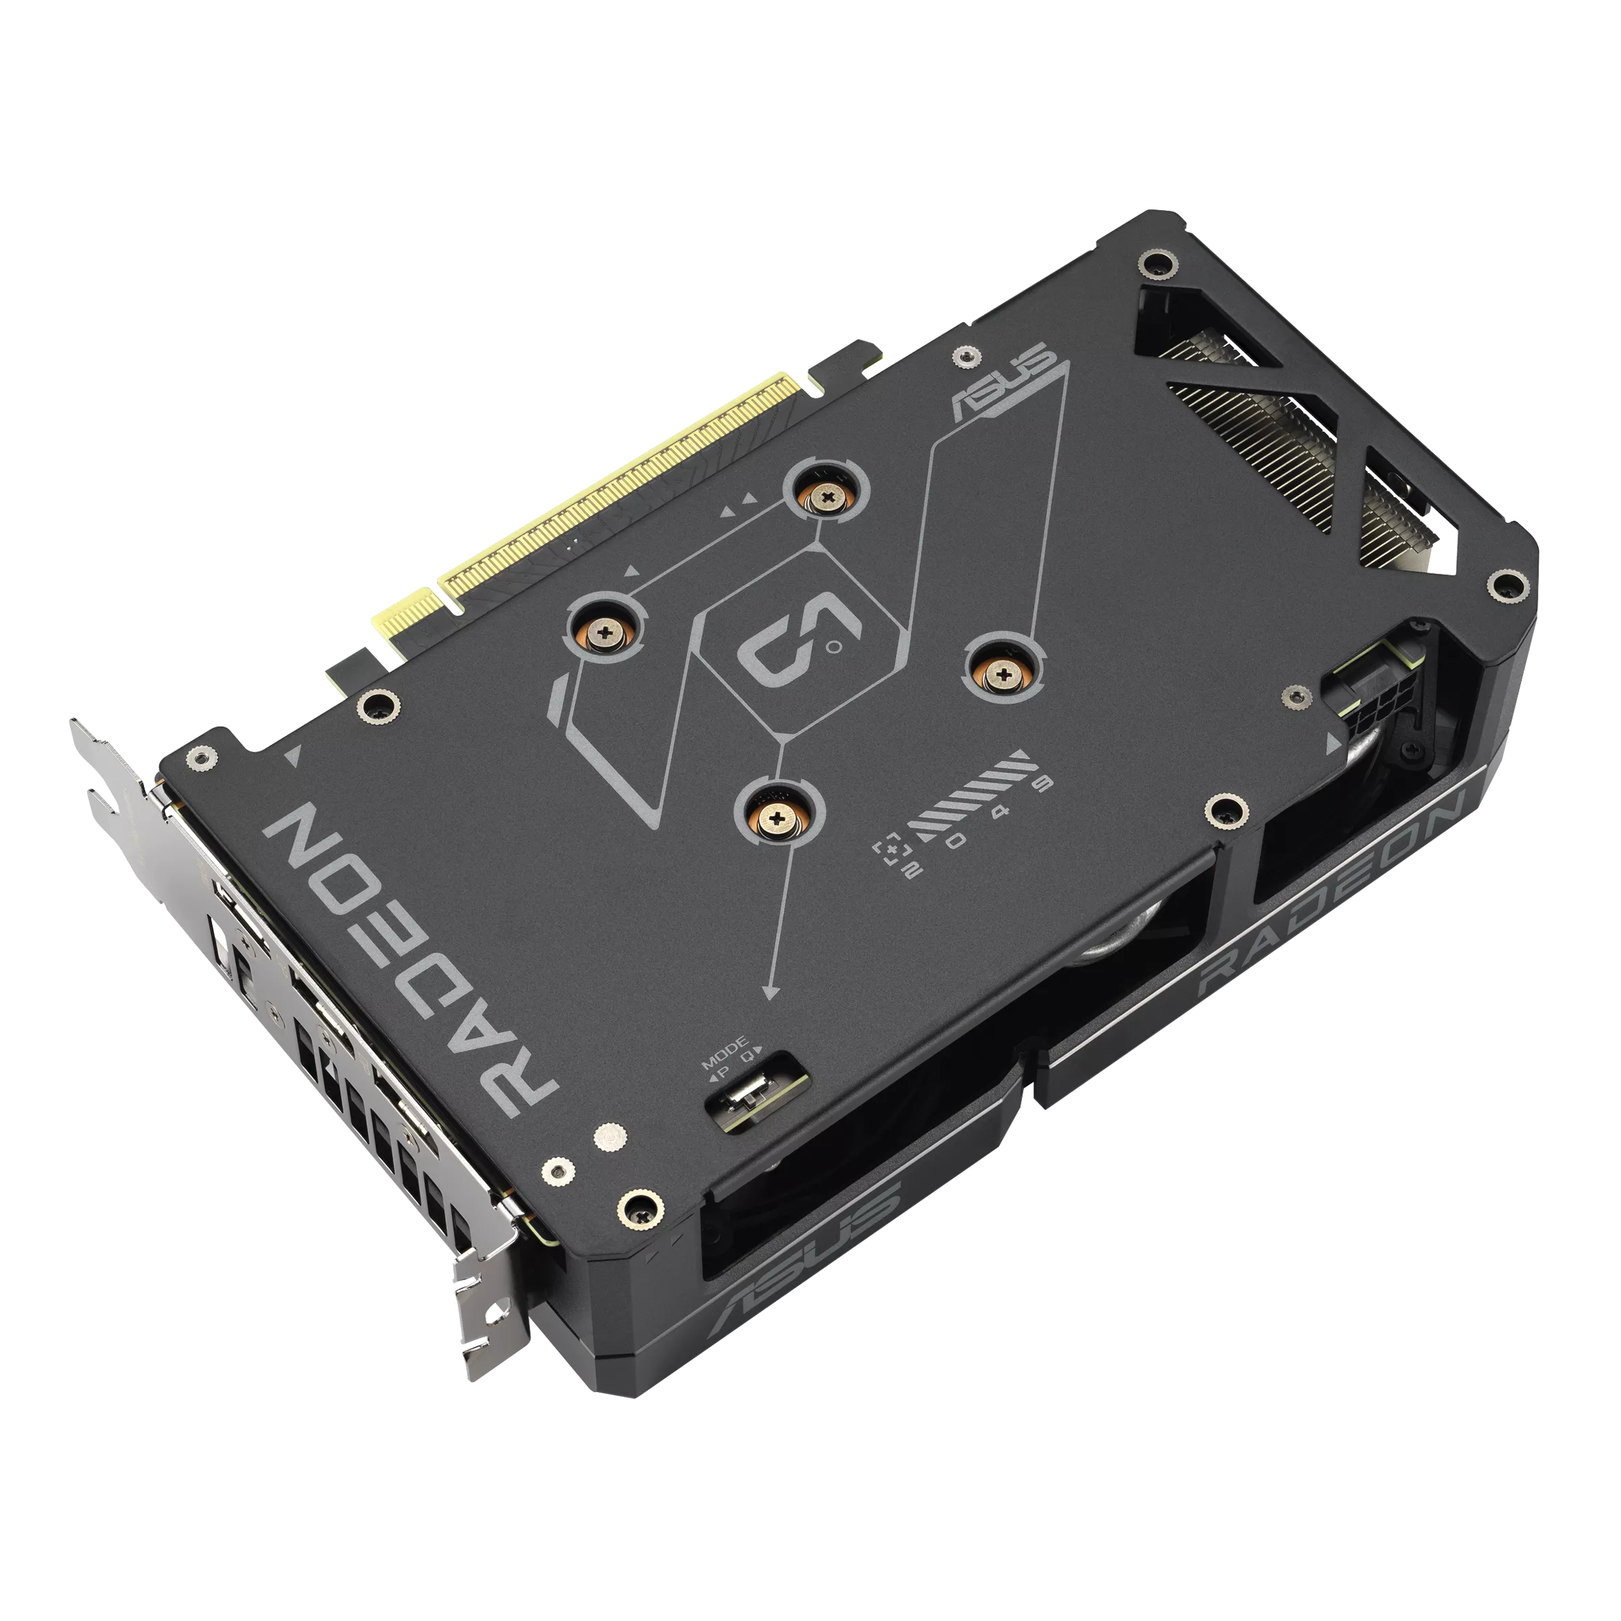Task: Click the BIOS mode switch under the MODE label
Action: (747, 1094)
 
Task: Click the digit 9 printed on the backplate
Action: (1043, 783)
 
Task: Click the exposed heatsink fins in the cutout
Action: (1309, 453)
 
